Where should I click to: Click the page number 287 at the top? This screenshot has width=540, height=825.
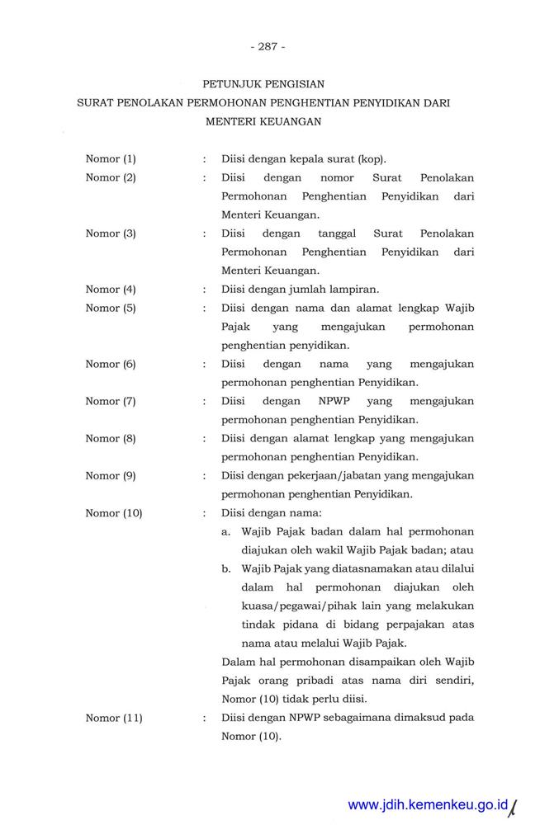pyautogui.click(x=267, y=46)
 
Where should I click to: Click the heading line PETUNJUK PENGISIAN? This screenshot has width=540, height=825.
pyautogui.click(x=263, y=83)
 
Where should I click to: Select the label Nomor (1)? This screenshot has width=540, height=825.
pyautogui.click(x=111, y=158)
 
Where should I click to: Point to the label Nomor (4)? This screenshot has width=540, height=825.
pyautogui.click(x=111, y=289)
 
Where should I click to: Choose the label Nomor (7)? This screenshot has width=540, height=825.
pyautogui.click(x=111, y=401)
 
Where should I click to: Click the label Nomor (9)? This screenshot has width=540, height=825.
pyautogui.click(x=111, y=475)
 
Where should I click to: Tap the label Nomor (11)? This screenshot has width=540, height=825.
pyautogui.click(x=114, y=718)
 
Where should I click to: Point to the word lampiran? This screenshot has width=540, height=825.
pyautogui.click(x=355, y=289)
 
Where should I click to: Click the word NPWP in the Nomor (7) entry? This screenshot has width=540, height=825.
pyautogui.click(x=334, y=401)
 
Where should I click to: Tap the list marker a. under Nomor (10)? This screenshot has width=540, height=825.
pyautogui.click(x=226, y=532)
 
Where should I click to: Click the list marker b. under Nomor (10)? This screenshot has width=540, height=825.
pyautogui.click(x=226, y=569)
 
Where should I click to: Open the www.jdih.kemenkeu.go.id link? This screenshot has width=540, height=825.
pyautogui.click(x=427, y=804)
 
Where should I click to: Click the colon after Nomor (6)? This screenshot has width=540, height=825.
pyautogui.click(x=204, y=364)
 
